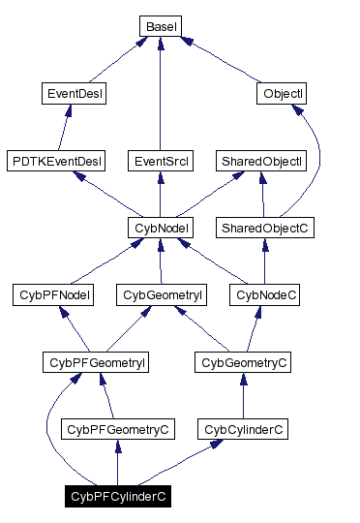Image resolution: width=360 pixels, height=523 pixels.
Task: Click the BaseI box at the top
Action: tap(160, 27)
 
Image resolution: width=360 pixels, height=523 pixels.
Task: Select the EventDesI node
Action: tap(75, 94)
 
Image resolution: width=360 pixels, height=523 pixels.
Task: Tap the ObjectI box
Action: tap(283, 94)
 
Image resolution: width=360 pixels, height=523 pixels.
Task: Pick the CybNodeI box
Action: tap(161, 228)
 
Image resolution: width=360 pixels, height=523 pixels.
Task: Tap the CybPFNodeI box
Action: tap(54, 294)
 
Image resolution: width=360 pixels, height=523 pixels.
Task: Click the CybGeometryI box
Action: tap(160, 294)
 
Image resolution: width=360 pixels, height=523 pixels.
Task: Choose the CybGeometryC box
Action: tap(242, 361)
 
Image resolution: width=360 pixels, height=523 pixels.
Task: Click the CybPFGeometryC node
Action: tap(116, 428)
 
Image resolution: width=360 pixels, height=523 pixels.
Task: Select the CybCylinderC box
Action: tap(242, 428)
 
